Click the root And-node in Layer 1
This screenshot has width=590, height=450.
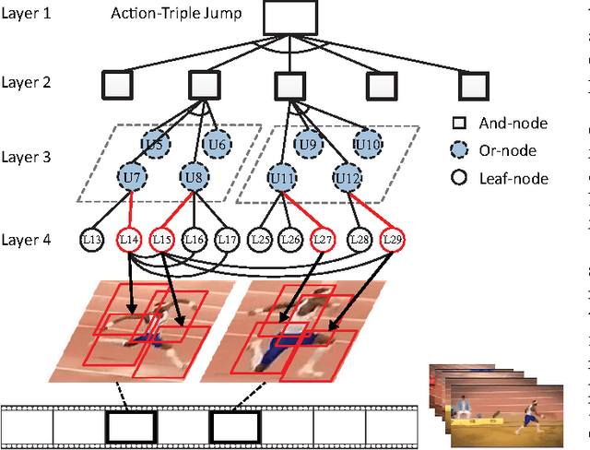tap(289, 16)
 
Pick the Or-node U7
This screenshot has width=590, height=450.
tap(132, 175)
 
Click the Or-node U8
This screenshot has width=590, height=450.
tap(194, 175)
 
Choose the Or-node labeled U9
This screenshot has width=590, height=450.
tap(307, 143)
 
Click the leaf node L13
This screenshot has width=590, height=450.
tap(92, 240)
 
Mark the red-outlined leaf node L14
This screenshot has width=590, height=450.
tap(129, 240)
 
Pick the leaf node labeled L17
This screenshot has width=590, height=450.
tap(226, 240)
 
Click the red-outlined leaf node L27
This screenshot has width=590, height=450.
tap(324, 240)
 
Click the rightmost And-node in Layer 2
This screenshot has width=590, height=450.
tap(472, 86)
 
